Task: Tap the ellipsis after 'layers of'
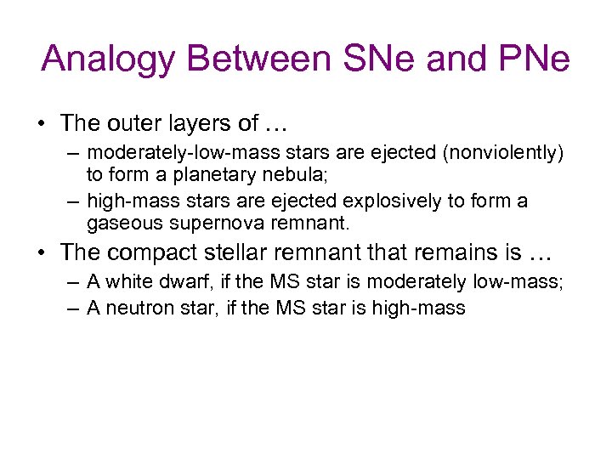277,124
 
